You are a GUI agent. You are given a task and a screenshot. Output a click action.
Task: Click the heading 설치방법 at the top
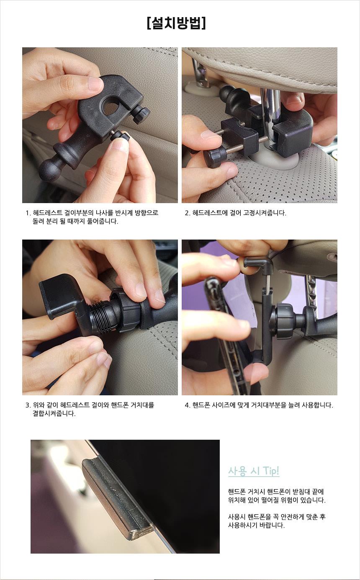tap(176, 23)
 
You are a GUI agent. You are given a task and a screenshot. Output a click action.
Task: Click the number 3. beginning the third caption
tap(28, 405)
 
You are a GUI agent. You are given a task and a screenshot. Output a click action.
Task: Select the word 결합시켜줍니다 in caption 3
tap(54, 413)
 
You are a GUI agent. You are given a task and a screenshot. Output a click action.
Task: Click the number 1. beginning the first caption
tap(28, 213)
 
